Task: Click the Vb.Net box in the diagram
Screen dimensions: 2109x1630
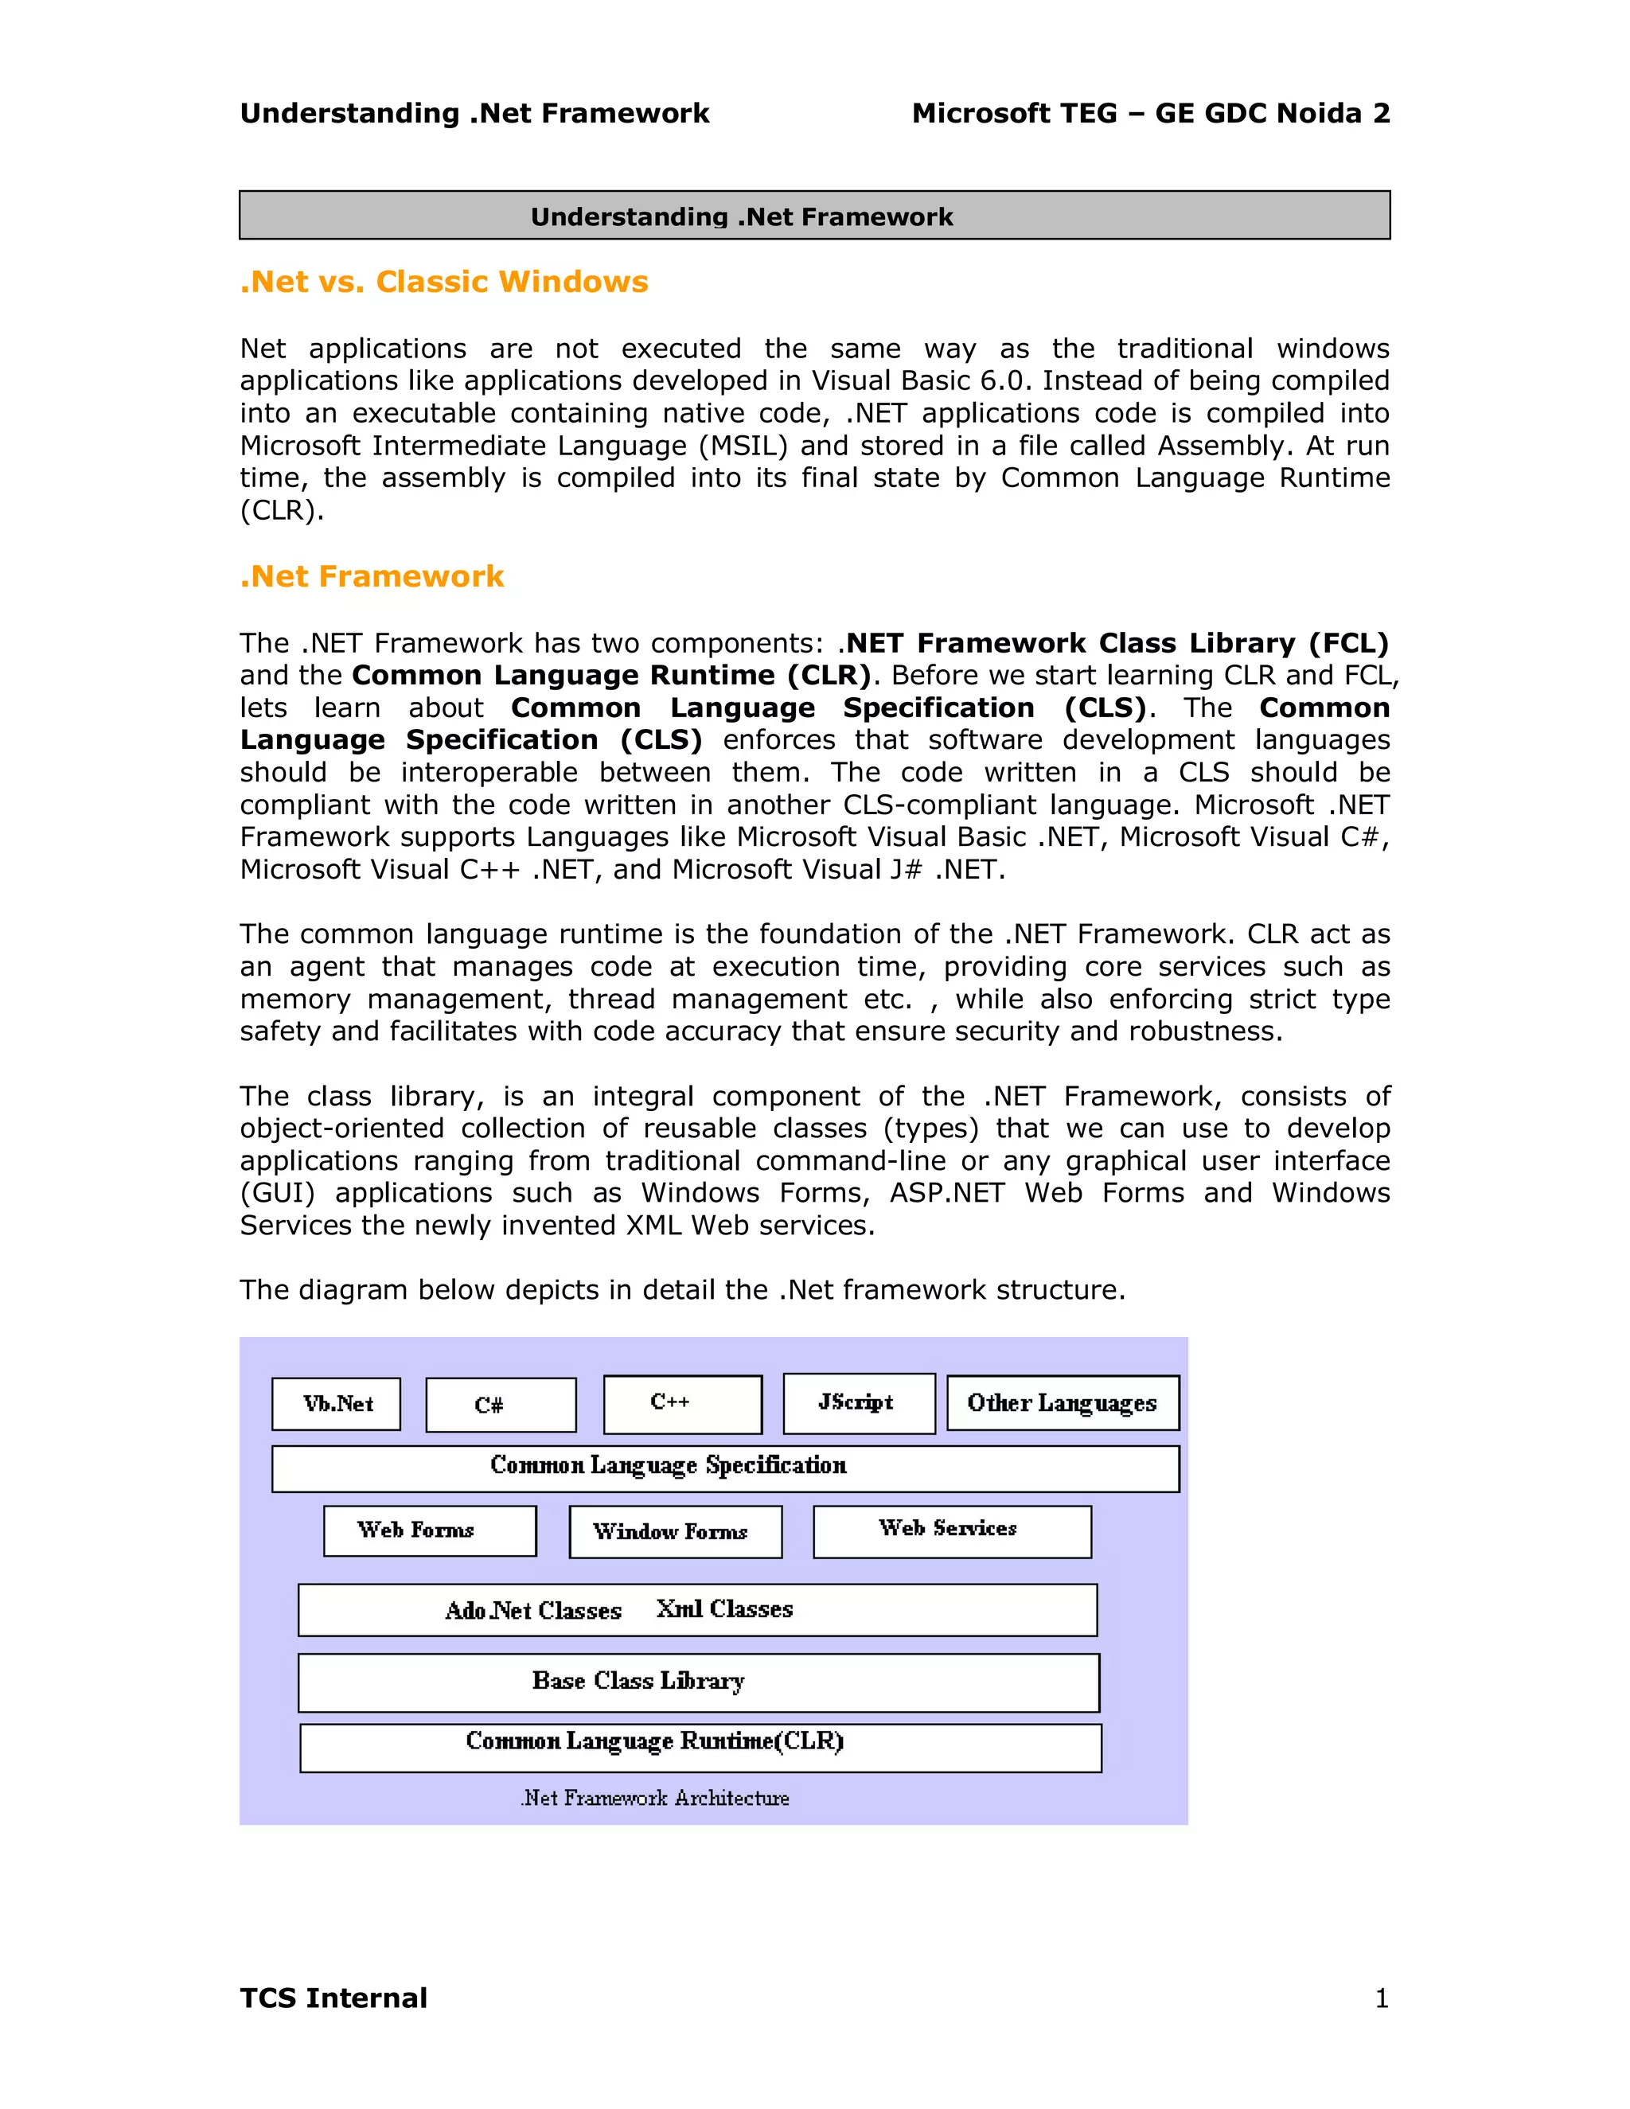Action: tap(336, 1403)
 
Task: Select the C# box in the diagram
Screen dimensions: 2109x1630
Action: tap(500, 1405)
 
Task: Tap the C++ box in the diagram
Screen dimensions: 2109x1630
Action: tap(682, 1404)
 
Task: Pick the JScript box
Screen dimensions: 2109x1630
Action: tap(859, 1403)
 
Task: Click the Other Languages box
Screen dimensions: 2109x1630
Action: tap(1063, 1402)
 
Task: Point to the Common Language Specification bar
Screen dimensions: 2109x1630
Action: tap(724, 1468)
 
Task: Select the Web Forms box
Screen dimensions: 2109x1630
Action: tap(430, 1530)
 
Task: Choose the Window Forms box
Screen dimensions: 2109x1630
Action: tap(675, 1531)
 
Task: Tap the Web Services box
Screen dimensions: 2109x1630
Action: tap(951, 1530)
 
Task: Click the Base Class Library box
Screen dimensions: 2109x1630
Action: tap(697, 1682)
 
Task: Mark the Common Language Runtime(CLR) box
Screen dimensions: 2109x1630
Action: tap(700, 1747)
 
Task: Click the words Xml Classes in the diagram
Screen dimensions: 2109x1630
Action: tap(724, 1608)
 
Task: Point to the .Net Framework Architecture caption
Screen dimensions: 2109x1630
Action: tap(655, 1798)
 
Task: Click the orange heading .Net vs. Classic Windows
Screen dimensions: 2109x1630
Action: tap(443, 282)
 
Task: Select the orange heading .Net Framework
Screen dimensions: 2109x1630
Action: tap(372, 576)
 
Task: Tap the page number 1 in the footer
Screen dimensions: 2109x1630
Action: tap(1381, 1998)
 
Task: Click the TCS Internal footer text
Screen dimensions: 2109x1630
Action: tap(333, 1998)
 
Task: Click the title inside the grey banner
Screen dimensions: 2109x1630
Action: tap(741, 217)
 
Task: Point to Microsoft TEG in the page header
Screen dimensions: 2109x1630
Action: tap(1014, 114)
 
